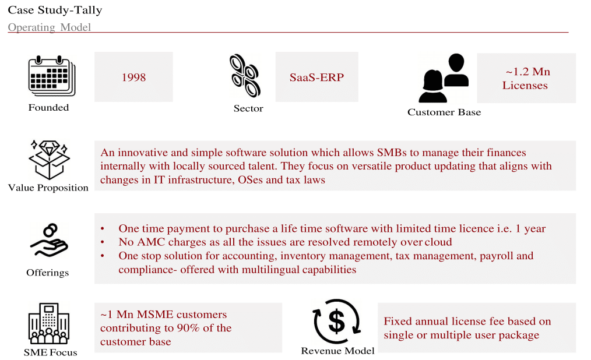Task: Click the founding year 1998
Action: pyautogui.click(x=133, y=77)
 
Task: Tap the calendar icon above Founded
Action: pyautogui.click(x=52, y=76)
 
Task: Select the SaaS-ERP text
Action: pyautogui.click(x=316, y=77)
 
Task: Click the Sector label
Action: pyautogui.click(x=248, y=108)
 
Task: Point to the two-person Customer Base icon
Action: pyautogui.click(x=444, y=78)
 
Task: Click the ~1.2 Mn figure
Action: pyautogui.click(x=527, y=72)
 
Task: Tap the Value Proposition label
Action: pyautogui.click(x=48, y=188)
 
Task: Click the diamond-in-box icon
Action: pyautogui.click(x=49, y=160)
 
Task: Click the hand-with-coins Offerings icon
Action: pyautogui.click(x=49, y=241)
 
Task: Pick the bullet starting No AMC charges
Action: pyautogui.click(x=285, y=242)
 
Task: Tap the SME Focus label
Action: pyautogui.click(x=50, y=352)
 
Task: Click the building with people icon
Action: pyautogui.click(x=49, y=323)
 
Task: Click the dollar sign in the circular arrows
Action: pyautogui.click(x=336, y=321)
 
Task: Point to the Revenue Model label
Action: pyautogui.click(x=337, y=351)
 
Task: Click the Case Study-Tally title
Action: pyautogui.click(x=55, y=10)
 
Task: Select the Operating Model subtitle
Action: pyautogui.click(x=50, y=27)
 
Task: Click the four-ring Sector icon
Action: pyautogui.click(x=245, y=76)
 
